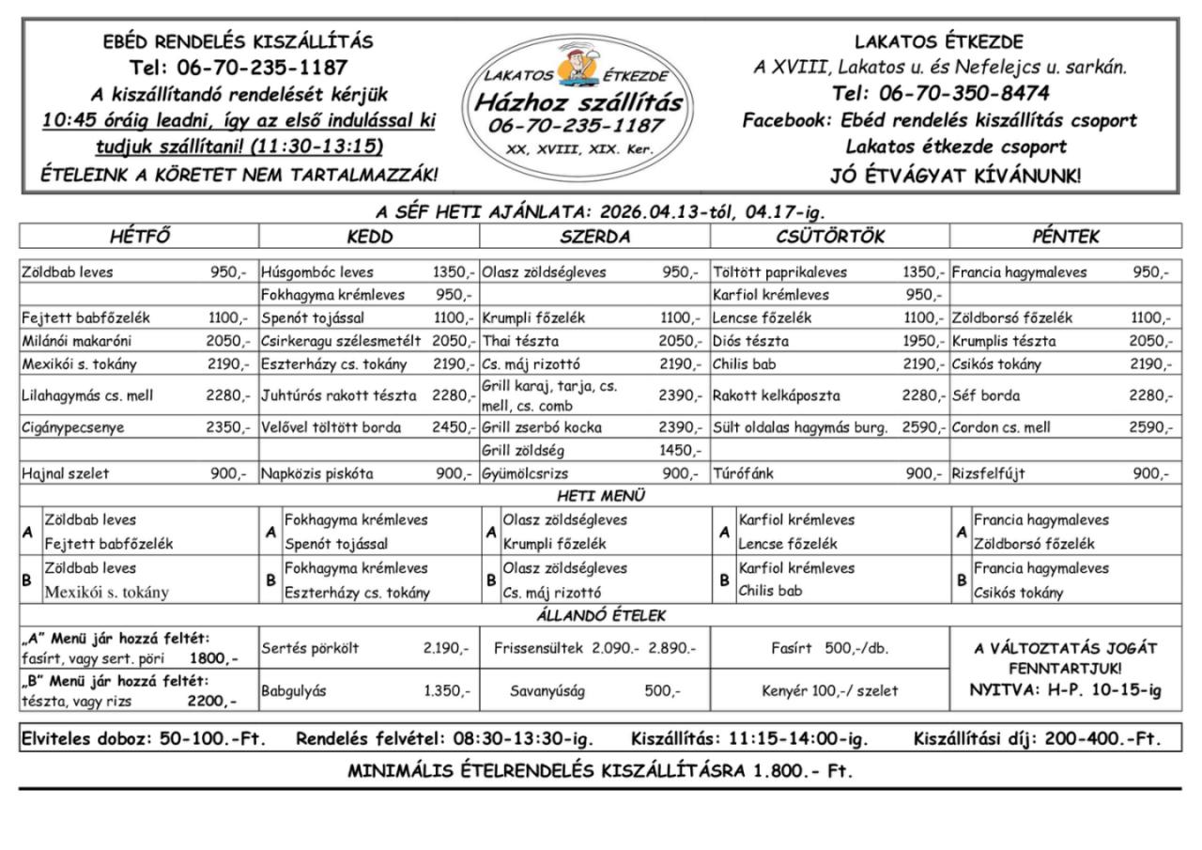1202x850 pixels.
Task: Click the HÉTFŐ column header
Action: (x=139, y=236)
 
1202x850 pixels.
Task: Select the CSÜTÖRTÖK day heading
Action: (x=830, y=236)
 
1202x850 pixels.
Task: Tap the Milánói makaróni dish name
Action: (x=77, y=341)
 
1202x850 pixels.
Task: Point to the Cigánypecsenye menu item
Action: (x=73, y=427)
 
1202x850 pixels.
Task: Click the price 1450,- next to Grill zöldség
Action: (x=680, y=450)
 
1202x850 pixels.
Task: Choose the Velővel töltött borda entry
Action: (x=331, y=427)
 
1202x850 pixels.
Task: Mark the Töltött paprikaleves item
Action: (x=780, y=272)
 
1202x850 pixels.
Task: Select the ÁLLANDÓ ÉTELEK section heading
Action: (x=601, y=616)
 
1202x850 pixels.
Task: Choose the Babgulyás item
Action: (x=294, y=690)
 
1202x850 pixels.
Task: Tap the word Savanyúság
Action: (x=547, y=690)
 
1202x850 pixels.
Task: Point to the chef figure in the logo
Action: (x=571, y=68)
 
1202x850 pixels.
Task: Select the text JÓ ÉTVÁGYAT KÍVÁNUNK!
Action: (x=955, y=175)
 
